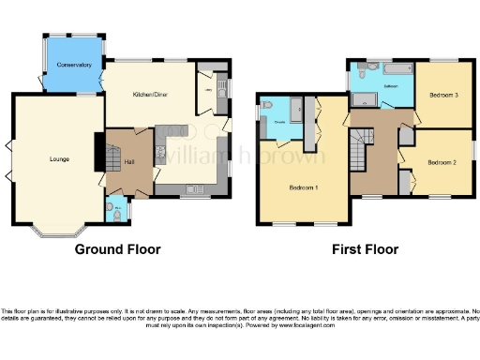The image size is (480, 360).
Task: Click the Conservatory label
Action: point(73,65)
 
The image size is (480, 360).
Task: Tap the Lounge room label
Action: point(59,158)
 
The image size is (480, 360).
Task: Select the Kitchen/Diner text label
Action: point(149,95)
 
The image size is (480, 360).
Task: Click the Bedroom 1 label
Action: point(303,187)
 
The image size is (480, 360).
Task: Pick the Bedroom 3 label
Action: point(443,95)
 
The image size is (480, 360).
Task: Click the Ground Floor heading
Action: point(117,249)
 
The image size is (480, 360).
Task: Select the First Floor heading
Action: point(365,249)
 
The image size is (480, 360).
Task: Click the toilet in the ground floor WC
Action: point(111,210)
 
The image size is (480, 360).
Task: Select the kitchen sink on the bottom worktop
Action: point(197,188)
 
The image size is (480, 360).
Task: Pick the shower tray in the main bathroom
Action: point(361,97)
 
